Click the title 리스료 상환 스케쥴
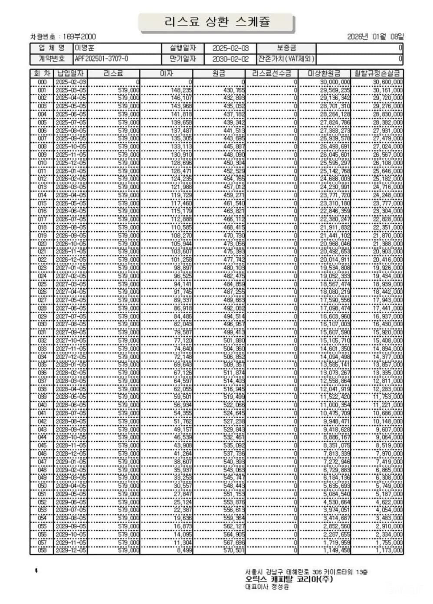pos(217,22)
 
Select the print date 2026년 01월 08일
pos(375,37)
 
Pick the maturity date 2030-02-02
pos(231,59)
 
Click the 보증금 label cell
pos(286,48)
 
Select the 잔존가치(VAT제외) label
pos(286,59)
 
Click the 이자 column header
pos(166,73)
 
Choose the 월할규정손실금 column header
pos(377,73)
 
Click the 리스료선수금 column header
pos(272,73)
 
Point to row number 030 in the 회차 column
pos(42,324)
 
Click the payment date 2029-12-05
pos(71,550)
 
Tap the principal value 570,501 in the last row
pos(234,550)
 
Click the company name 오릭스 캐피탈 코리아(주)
pos(289,579)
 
